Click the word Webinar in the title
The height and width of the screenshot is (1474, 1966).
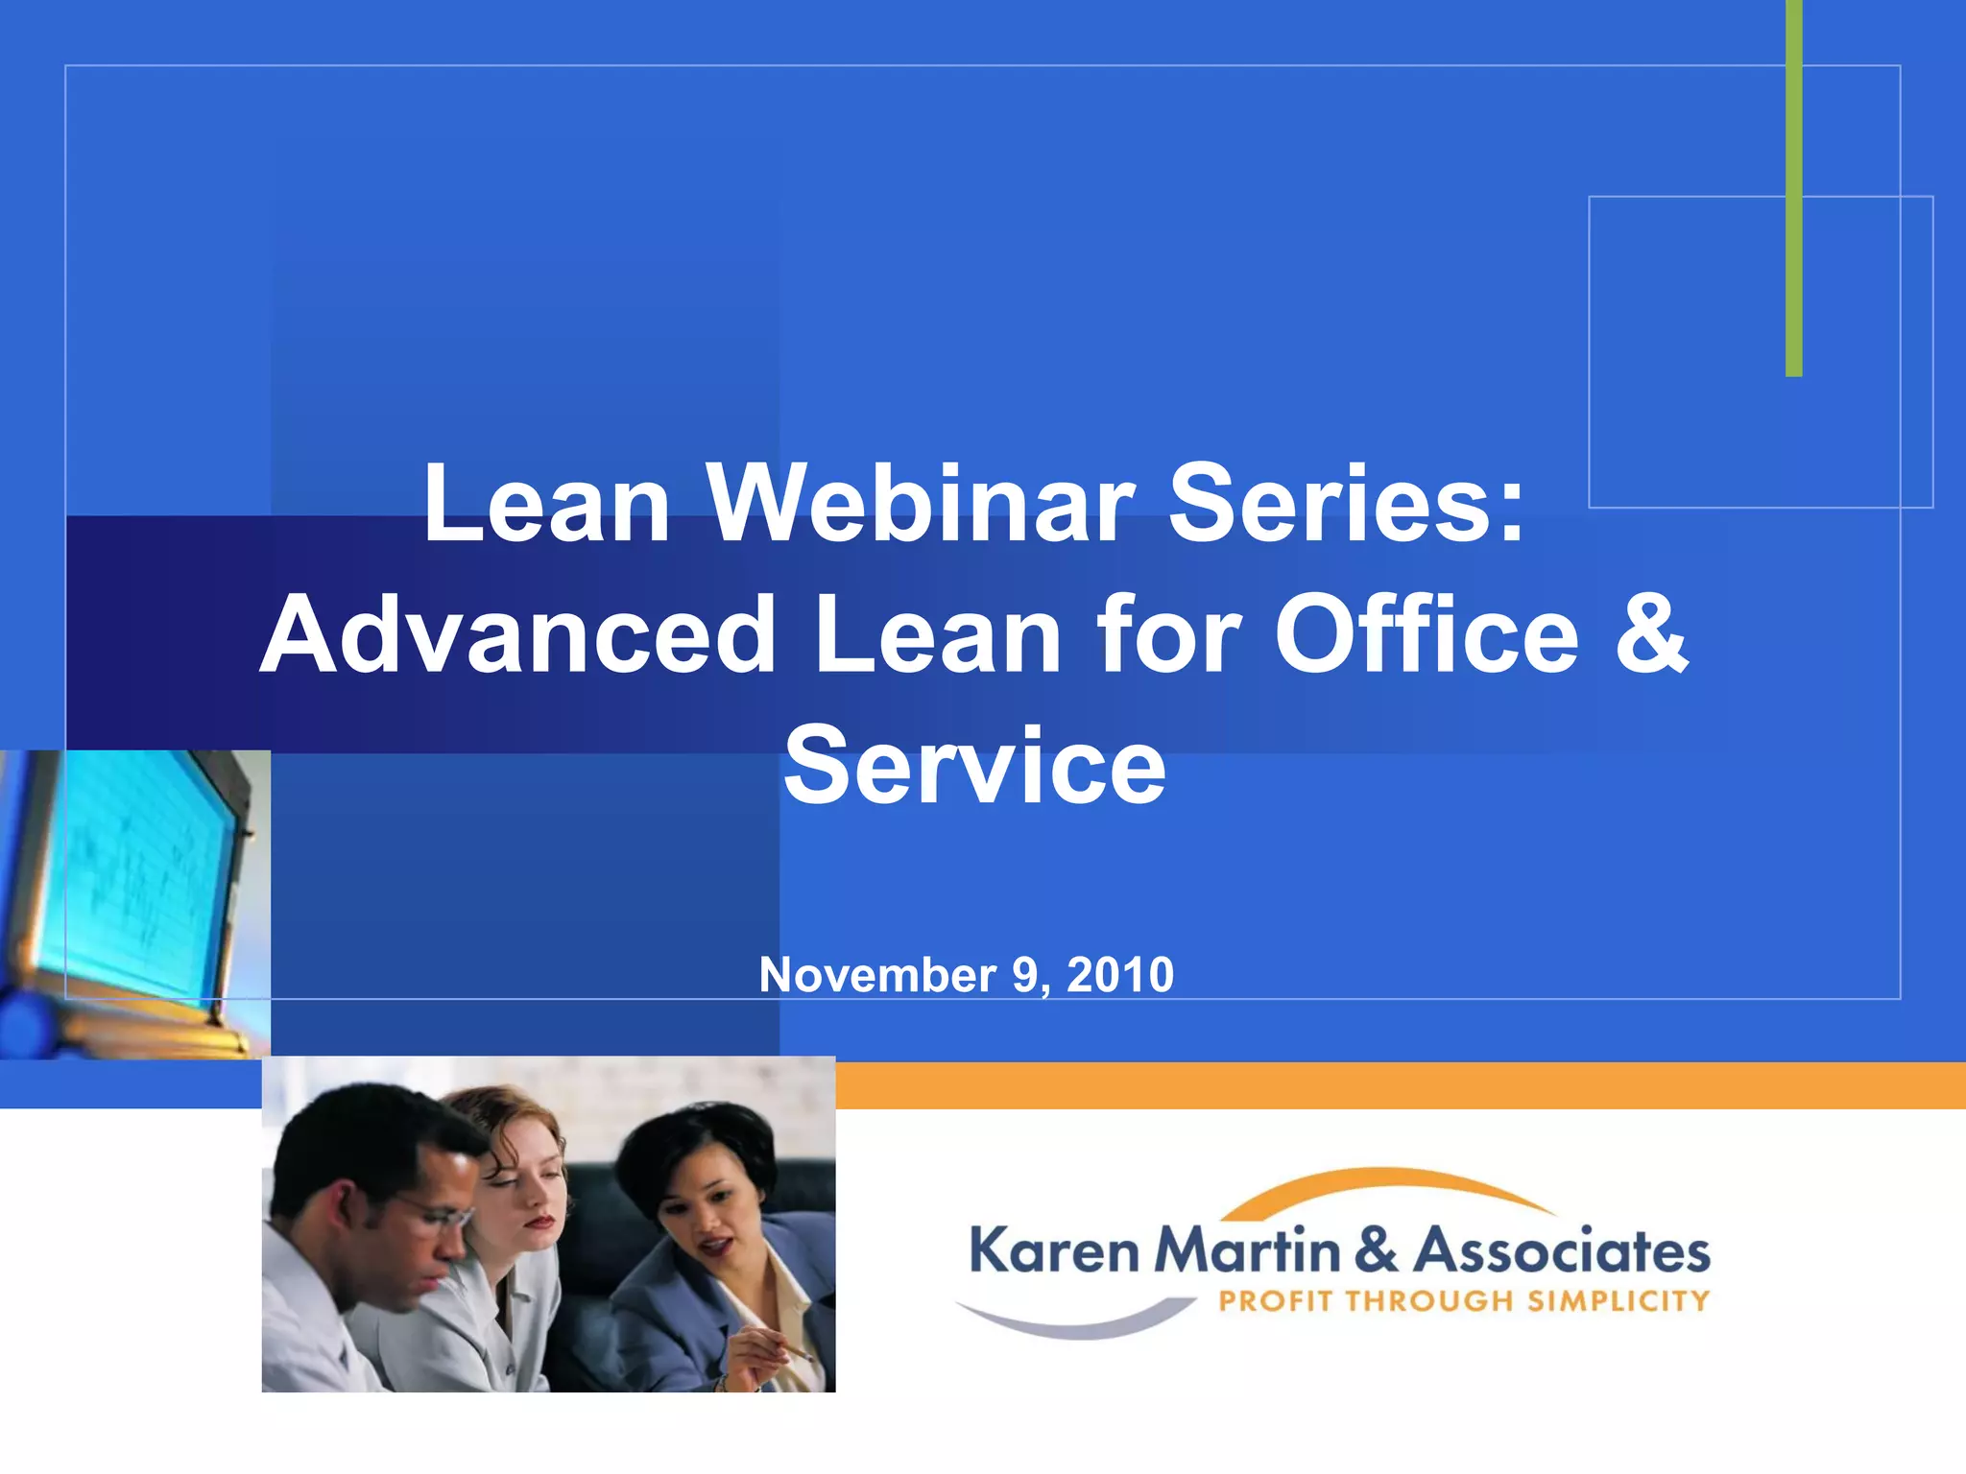pos(922,504)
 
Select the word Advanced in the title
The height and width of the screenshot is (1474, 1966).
pos(518,635)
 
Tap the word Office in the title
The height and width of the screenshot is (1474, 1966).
pos(1427,635)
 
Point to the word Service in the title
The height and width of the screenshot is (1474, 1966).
pos(974,767)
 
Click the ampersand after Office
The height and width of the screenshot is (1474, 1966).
pos(1651,635)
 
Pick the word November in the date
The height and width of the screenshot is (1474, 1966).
pos(876,976)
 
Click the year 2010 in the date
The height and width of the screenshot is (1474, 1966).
pos(1120,976)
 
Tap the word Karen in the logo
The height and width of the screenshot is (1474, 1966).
pos(1054,1251)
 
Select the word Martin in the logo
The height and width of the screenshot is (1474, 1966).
pos(1248,1251)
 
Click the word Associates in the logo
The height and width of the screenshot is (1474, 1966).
pos(1563,1251)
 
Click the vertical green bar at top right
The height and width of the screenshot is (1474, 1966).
pos(1793,192)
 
